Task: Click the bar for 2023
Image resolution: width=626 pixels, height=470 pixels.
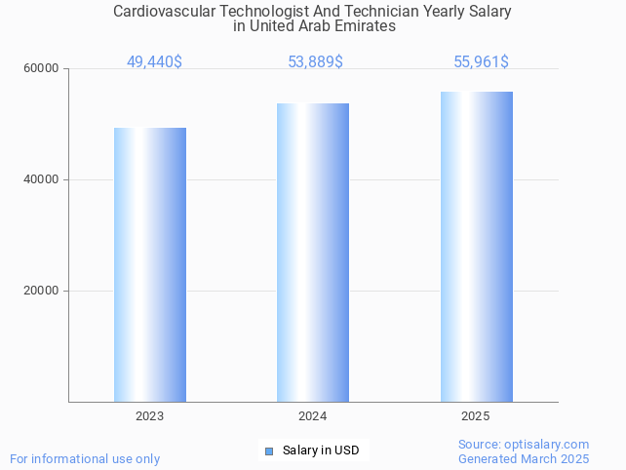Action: click(150, 264)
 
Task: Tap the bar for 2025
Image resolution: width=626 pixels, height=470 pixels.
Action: click(476, 246)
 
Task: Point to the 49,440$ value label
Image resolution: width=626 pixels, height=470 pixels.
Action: click(154, 62)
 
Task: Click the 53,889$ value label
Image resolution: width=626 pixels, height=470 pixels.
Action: click(315, 62)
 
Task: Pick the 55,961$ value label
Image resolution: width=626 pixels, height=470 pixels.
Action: click(481, 62)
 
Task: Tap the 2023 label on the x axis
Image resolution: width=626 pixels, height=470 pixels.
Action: click(150, 416)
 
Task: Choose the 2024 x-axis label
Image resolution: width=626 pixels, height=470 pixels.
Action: click(313, 416)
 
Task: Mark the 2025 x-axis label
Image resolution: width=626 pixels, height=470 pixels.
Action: click(476, 416)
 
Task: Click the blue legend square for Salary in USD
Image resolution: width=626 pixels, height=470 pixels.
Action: click(269, 450)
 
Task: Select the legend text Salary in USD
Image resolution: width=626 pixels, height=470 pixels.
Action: click(321, 450)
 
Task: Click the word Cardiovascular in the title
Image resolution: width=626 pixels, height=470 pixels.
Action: click(162, 12)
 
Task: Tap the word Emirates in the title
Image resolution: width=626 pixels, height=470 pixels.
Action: click(365, 27)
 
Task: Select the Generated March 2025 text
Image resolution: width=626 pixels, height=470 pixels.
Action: click(524, 459)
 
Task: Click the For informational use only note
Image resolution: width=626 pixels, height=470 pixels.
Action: click(85, 459)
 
